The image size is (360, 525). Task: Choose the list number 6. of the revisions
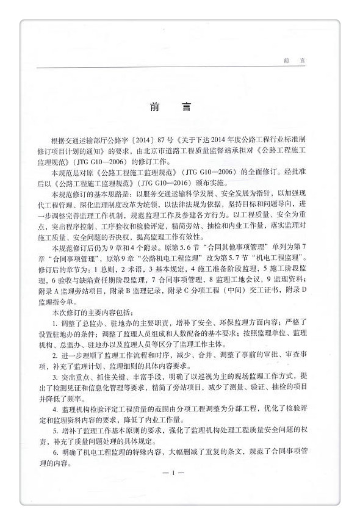[x=55, y=451]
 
